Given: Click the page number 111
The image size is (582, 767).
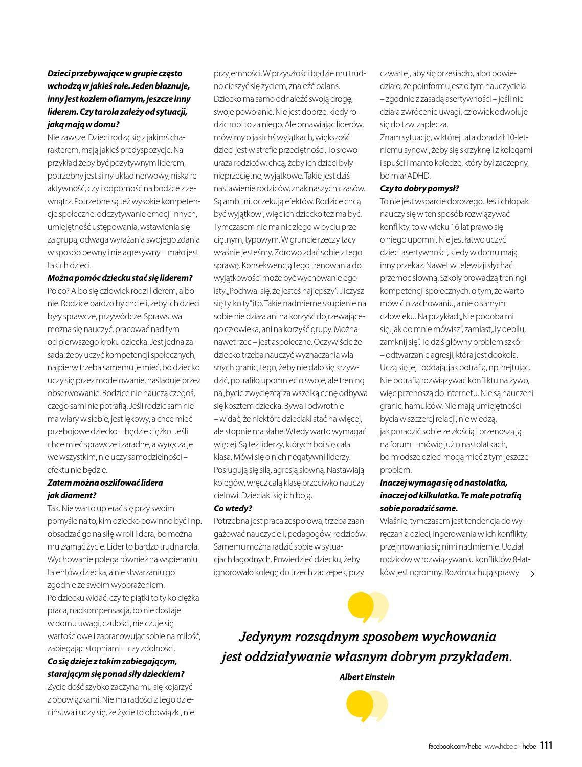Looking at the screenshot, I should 546,746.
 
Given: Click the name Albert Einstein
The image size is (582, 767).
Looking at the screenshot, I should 367,677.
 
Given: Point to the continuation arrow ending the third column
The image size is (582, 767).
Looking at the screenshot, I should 530,574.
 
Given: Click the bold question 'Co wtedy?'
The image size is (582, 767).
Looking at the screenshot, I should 233,508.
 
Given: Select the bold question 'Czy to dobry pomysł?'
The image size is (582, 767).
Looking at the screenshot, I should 419,188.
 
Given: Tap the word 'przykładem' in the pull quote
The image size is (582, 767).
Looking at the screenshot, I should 479,657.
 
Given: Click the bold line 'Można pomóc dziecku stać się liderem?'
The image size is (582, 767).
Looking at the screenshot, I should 120,278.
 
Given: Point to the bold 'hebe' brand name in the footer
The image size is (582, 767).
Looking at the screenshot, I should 529,747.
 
